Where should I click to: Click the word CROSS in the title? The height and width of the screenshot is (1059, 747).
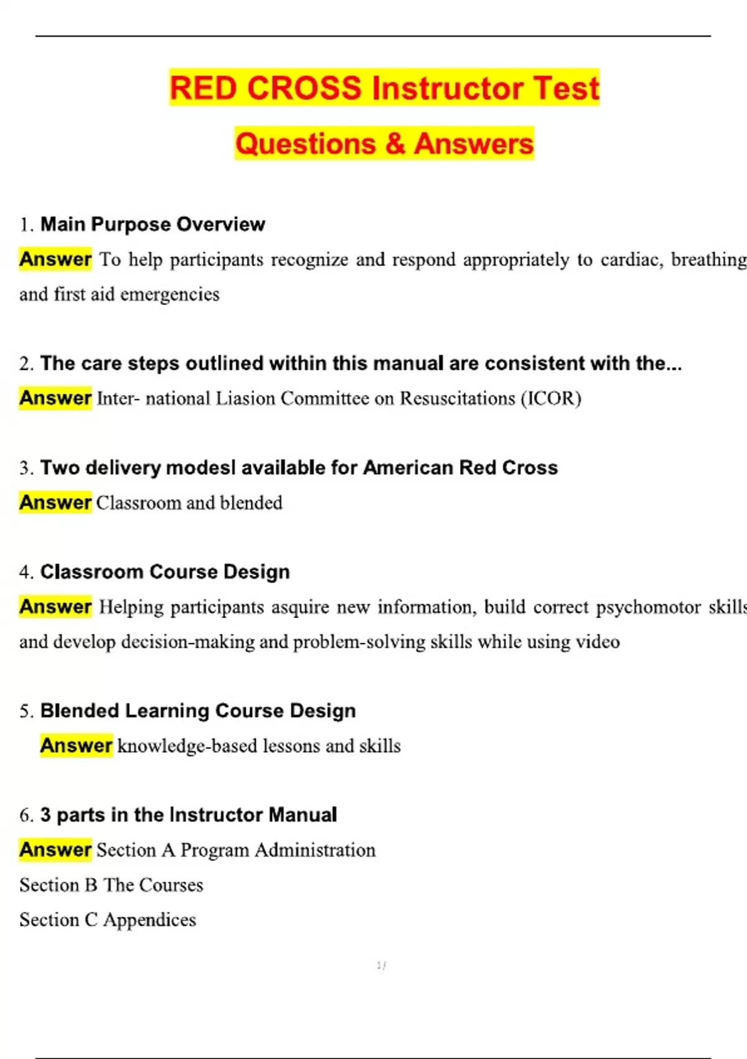[x=304, y=88]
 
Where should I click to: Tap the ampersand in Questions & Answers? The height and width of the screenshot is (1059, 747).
[x=395, y=144]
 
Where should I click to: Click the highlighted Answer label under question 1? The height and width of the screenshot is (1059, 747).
[x=55, y=259]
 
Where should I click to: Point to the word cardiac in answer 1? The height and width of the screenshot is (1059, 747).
[x=628, y=260]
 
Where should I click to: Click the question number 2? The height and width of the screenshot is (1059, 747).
[x=26, y=364]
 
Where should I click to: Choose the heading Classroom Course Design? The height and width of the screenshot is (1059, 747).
[x=165, y=572]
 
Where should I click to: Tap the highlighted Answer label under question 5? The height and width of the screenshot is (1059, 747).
[x=76, y=746]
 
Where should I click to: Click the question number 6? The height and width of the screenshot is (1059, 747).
[x=26, y=815]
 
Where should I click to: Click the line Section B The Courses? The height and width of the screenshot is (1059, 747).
[x=111, y=885]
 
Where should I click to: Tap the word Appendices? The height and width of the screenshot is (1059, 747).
[x=149, y=920]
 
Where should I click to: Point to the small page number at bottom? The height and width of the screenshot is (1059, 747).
[x=381, y=966]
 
